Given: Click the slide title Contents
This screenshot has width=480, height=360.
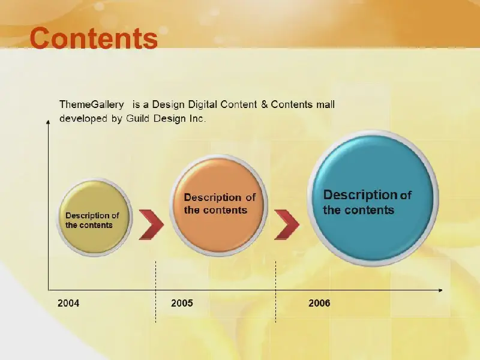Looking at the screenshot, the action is [x=94, y=38].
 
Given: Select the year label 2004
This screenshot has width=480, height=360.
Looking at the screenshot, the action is [x=68, y=303].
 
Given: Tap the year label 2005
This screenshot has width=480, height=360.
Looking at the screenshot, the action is [x=182, y=303].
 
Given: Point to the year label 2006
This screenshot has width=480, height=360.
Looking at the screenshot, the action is [x=319, y=303].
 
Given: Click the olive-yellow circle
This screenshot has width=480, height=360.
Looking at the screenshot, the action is [x=94, y=217].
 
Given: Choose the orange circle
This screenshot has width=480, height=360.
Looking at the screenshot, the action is [x=218, y=205].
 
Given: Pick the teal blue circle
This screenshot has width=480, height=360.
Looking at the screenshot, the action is [x=373, y=199].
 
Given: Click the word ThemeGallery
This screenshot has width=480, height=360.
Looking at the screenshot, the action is [x=92, y=104].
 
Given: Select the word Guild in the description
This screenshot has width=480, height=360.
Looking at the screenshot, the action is [x=137, y=118].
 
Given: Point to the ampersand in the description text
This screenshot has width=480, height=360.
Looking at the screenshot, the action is [x=264, y=104].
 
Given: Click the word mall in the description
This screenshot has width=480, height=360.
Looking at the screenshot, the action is [x=325, y=104].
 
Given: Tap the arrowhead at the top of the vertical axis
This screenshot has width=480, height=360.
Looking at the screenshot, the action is [x=48, y=122].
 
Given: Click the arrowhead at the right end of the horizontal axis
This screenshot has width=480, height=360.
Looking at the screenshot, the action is [x=440, y=290].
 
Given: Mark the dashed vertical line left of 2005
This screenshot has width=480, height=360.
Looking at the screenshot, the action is [x=155, y=292].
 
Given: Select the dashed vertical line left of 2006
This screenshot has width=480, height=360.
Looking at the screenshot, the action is [x=275, y=292].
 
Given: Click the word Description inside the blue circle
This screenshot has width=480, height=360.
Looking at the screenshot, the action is [x=360, y=195].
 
